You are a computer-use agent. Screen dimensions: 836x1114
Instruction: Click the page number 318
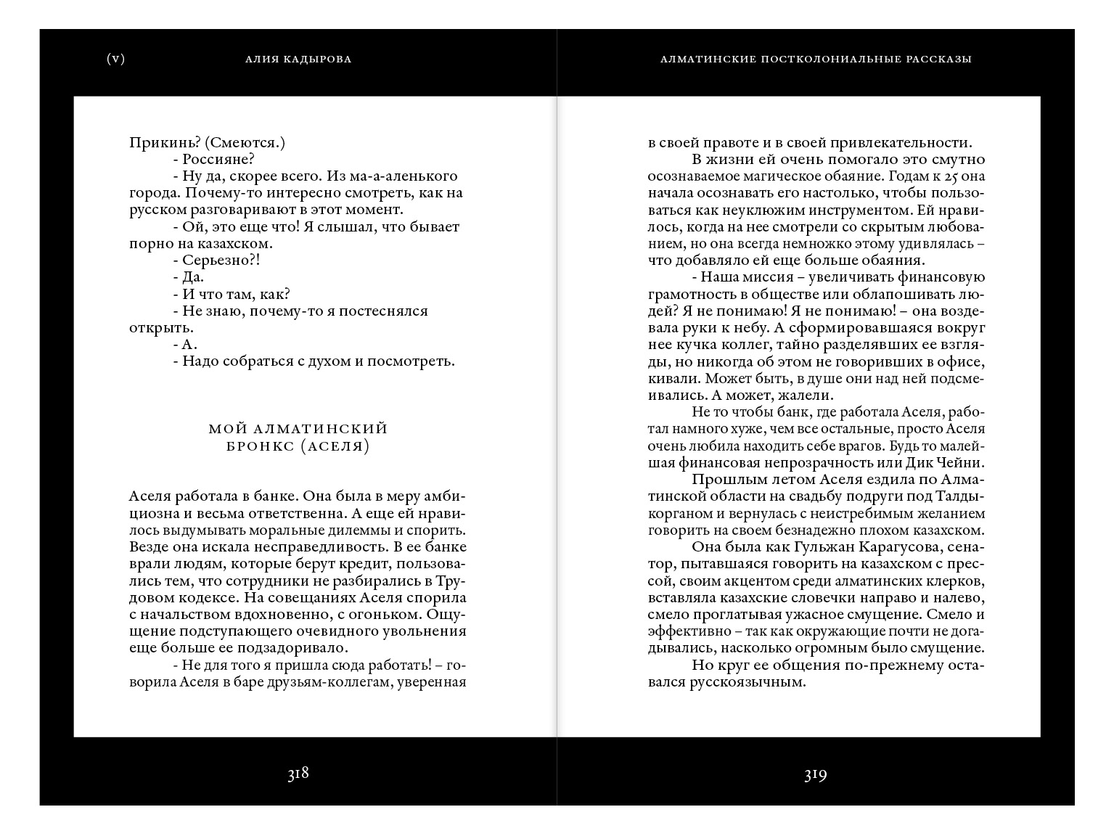coord(298,774)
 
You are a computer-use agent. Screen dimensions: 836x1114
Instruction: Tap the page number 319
coord(815,775)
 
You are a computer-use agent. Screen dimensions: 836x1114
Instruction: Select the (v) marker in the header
coord(115,59)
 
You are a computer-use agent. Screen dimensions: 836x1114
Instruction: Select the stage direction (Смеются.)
coord(245,143)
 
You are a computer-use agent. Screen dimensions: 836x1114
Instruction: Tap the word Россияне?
coord(218,160)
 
